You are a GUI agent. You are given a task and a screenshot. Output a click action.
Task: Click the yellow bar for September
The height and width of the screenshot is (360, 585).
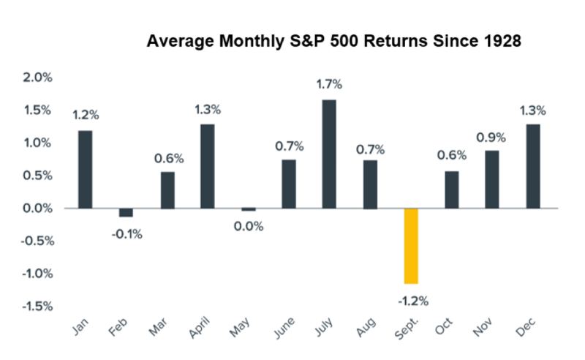411,246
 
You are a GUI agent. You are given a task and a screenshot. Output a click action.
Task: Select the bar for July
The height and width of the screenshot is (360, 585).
329,154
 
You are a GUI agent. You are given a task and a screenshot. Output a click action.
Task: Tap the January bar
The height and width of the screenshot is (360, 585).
85,170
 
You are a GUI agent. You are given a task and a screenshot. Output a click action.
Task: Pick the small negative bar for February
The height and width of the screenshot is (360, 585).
126,212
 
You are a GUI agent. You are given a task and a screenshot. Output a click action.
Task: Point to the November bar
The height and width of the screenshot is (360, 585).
492,180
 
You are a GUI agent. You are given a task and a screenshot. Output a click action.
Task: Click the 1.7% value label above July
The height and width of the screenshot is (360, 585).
329,84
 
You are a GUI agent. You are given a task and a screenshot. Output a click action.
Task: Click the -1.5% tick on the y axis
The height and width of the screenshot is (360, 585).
32,307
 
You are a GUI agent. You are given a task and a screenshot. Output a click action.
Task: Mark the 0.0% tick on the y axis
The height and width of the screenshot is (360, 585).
34,209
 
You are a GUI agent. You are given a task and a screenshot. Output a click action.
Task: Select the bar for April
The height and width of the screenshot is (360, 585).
207,167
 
